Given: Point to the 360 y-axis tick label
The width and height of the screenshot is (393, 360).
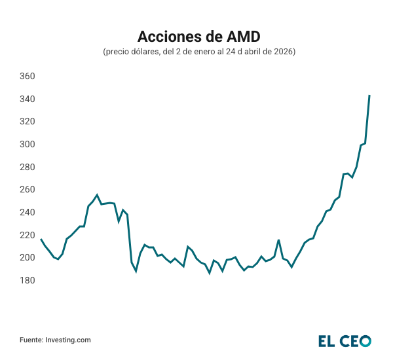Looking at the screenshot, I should (x=27, y=77).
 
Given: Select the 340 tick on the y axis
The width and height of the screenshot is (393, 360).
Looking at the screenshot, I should (x=27, y=99).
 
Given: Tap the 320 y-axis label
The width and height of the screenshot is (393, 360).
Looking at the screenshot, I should (x=27, y=122).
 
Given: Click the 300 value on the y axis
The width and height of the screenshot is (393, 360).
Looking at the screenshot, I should (x=27, y=144).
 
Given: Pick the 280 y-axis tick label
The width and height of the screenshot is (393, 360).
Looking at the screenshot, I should (x=27, y=167).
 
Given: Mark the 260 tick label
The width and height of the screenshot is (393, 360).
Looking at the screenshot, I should (x=27, y=190).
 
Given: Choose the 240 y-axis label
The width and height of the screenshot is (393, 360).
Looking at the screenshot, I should (x=27, y=212).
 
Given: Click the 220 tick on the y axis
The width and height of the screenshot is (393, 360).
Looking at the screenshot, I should (x=27, y=235).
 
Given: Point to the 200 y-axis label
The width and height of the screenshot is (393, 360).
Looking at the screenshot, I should (x=27, y=258).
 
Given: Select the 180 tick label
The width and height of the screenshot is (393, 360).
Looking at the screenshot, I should (x=27, y=280).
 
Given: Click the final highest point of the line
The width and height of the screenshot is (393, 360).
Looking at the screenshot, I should (x=369, y=96).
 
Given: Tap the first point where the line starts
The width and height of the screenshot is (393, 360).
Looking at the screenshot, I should (x=41, y=240).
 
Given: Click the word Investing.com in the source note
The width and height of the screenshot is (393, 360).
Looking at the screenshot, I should (x=68, y=340).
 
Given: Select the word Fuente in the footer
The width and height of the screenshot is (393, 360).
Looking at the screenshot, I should (x=31, y=340).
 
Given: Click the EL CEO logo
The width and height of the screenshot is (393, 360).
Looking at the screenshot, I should (x=345, y=340).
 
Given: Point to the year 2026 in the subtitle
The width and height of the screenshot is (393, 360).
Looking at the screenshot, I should (x=283, y=52).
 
